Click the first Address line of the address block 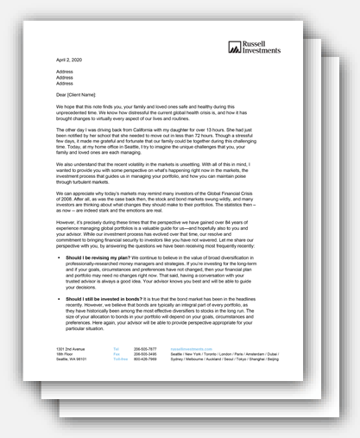65,68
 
